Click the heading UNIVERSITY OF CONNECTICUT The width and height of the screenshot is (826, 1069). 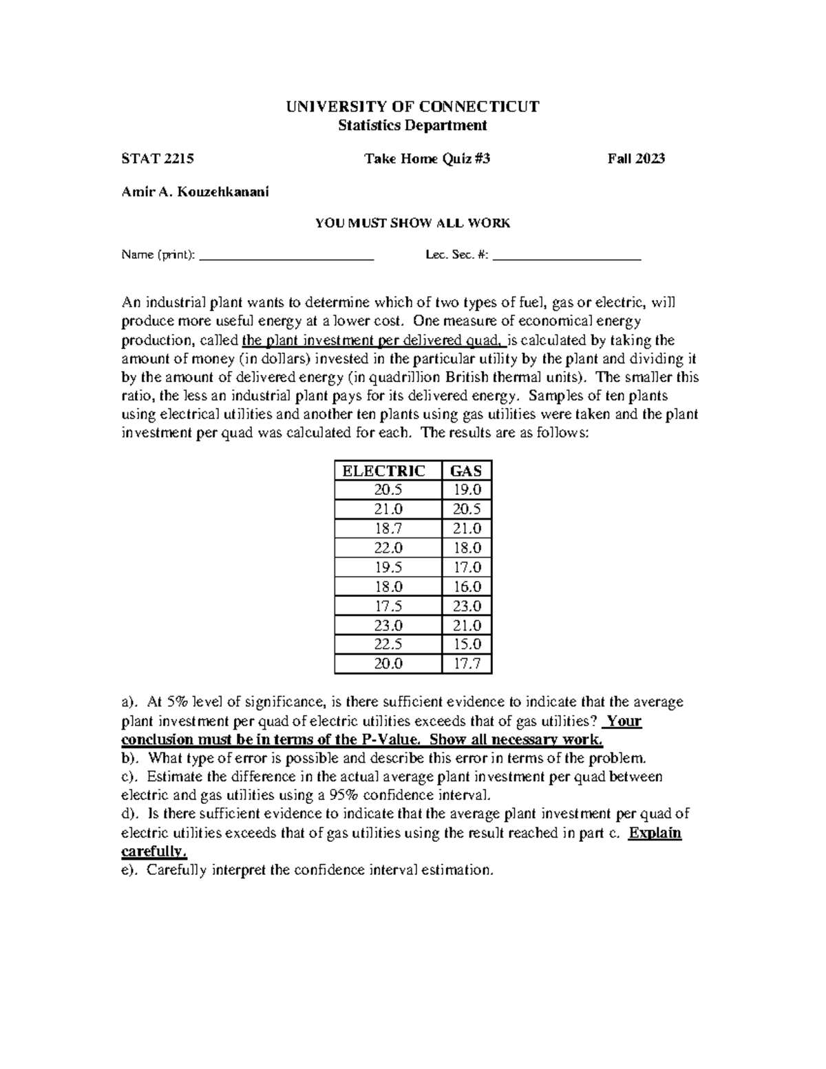[x=412, y=107]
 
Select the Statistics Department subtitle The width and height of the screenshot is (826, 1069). [x=412, y=125]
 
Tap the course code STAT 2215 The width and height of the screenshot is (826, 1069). [x=158, y=159]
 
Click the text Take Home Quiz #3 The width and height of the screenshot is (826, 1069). [x=427, y=159]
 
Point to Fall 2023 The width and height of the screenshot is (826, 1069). [x=636, y=159]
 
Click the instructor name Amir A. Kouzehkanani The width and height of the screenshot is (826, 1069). [x=195, y=192]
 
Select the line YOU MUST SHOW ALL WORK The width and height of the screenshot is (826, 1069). [x=412, y=223]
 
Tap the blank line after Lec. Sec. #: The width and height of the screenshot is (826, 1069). [x=567, y=256]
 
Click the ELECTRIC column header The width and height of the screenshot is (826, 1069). [x=388, y=471]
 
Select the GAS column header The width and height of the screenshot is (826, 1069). [x=466, y=471]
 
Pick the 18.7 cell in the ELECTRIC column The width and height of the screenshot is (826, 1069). [x=388, y=529]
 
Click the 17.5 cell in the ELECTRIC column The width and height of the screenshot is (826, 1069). [x=388, y=606]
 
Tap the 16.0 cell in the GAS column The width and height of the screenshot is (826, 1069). [x=467, y=586]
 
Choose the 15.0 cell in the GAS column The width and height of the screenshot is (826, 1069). [x=467, y=644]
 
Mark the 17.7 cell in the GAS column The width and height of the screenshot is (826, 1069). [x=467, y=664]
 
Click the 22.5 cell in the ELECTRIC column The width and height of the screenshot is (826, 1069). [x=388, y=644]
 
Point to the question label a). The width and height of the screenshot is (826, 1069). [x=129, y=702]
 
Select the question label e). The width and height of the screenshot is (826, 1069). [x=129, y=870]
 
